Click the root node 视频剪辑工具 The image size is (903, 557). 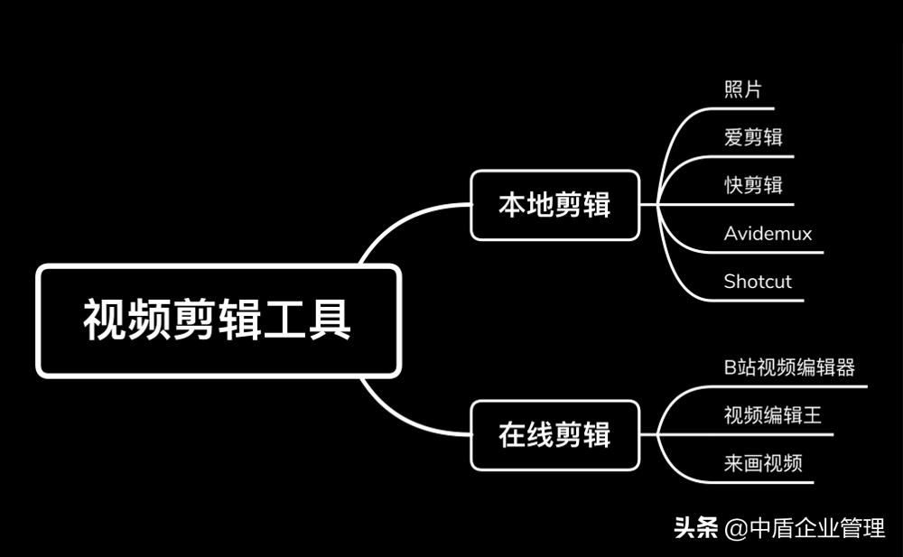pyautogui.click(x=218, y=320)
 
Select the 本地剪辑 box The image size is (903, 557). pyautogui.click(x=554, y=205)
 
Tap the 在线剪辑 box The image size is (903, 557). pyautogui.click(x=554, y=435)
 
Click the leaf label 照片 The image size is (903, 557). pyautogui.click(x=743, y=89)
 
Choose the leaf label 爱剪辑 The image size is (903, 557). pyautogui.click(x=753, y=137)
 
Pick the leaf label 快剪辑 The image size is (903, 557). pyautogui.click(x=753, y=185)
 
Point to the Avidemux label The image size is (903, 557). pyautogui.click(x=768, y=234)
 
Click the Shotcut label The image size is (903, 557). pyautogui.click(x=758, y=282)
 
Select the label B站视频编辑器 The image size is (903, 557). pyautogui.click(x=789, y=367)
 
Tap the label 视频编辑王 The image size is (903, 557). pyautogui.click(x=773, y=415)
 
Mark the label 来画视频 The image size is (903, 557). pyautogui.click(x=763, y=464)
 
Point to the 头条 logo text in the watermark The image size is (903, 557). pyautogui.click(x=695, y=528)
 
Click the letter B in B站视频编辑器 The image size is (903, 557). pyautogui.click(x=730, y=367)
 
